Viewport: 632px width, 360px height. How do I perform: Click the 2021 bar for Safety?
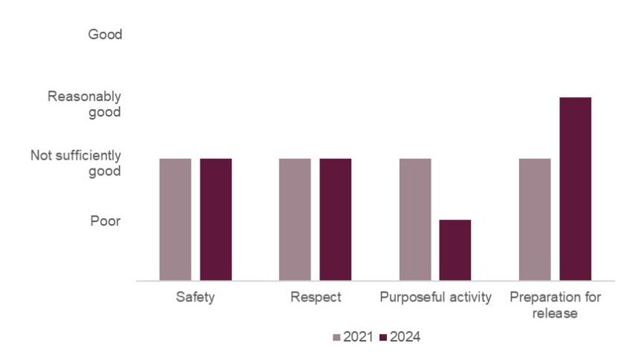point(175,219)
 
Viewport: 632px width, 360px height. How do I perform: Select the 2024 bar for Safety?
point(215,219)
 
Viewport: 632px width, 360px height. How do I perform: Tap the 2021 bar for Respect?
point(295,219)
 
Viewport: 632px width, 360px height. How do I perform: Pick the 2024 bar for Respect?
point(335,219)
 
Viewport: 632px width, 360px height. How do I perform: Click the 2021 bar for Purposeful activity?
point(415,219)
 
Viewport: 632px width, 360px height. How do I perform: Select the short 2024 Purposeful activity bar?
point(455,250)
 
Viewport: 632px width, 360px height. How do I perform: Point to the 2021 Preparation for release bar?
point(535,219)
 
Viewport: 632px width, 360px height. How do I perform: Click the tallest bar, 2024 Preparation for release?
point(576,189)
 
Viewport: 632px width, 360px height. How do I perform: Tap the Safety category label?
point(195,298)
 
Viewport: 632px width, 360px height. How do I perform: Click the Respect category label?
point(316,298)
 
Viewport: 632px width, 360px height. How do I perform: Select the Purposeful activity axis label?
point(435,298)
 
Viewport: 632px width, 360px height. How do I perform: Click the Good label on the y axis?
point(105,34)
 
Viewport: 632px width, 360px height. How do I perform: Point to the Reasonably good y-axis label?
point(84,104)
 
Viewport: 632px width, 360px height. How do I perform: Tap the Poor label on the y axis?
point(105,220)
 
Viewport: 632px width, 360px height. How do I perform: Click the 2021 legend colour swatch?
point(336,338)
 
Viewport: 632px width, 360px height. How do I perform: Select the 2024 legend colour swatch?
point(383,338)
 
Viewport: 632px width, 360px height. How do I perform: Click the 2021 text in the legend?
point(356,338)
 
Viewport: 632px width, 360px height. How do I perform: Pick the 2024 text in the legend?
point(405,338)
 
